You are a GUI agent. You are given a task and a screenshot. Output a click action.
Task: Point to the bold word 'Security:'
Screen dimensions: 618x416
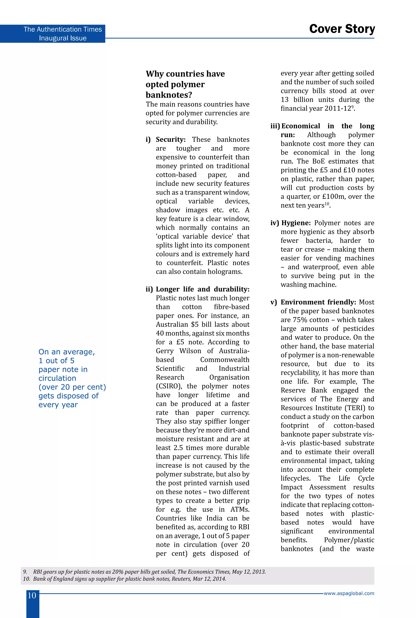click(171, 140)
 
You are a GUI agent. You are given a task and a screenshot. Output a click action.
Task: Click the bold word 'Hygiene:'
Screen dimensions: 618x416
click(296, 223)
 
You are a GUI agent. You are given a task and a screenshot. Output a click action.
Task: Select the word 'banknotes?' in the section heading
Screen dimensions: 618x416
click(169, 95)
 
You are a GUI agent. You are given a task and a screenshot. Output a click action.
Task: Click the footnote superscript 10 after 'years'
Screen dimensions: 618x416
click(327, 204)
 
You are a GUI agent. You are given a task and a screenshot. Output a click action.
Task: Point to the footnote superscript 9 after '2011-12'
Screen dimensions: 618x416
click(352, 107)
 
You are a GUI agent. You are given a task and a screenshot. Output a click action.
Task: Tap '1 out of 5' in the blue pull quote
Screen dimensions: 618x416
click(56, 361)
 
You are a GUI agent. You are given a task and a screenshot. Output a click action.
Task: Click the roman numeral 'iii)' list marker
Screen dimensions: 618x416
click(275, 126)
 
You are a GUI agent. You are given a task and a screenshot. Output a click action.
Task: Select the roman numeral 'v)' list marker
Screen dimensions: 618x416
click(274, 302)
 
